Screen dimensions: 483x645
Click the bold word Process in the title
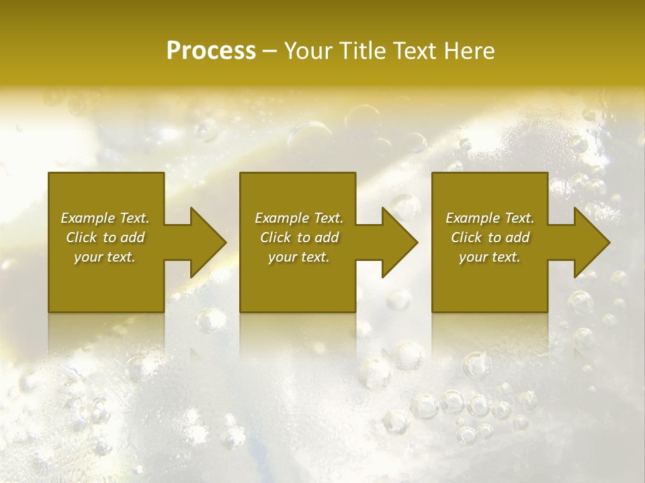coord(211,51)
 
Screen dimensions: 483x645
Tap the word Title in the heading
coord(363,51)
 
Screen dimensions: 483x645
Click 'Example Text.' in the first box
coord(105,218)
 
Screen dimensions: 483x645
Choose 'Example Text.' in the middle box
coord(299,218)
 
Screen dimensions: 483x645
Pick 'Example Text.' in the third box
coord(490,218)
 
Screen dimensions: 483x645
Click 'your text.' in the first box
coord(105,257)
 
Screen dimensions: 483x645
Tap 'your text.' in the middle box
coord(299,257)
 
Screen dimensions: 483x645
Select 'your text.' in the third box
coord(490,257)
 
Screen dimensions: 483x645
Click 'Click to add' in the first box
coord(105,237)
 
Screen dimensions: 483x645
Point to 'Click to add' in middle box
coord(299,237)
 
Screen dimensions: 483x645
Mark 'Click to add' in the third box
coord(490,237)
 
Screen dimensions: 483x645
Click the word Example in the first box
coord(88,218)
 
